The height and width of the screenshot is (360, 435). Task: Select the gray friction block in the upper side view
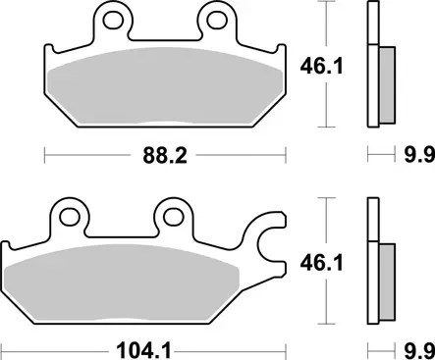(x=385, y=78)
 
